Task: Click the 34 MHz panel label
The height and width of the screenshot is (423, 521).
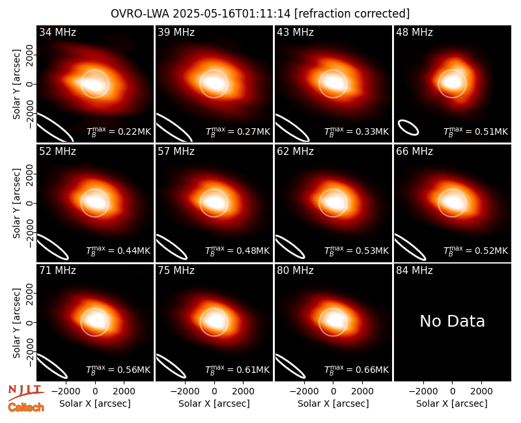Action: [x=57, y=32]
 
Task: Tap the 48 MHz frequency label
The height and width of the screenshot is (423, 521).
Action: [x=414, y=32]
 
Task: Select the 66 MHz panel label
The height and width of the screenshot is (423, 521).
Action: [x=414, y=152]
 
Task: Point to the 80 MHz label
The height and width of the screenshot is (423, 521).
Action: [x=295, y=271]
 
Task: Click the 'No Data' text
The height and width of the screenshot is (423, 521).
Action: [x=452, y=321]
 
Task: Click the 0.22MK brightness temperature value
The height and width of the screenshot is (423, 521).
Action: [x=130, y=131]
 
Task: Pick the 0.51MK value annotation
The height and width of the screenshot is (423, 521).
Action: [x=487, y=131]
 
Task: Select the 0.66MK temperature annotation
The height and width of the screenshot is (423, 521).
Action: [x=368, y=370]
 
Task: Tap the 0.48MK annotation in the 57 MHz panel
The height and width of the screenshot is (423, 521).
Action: [x=249, y=251]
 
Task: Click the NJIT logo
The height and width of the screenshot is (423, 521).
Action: [x=26, y=392]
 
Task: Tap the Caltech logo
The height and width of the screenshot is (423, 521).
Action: [x=26, y=407]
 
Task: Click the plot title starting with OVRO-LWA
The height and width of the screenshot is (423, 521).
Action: [x=260, y=14]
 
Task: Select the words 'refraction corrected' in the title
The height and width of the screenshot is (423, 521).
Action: [x=352, y=14]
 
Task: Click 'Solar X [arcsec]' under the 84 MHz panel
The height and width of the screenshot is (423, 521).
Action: [x=452, y=403]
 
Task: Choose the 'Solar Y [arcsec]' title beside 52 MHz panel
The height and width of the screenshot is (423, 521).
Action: [x=16, y=203]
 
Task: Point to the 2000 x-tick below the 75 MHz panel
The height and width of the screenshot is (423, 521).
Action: [x=243, y=392]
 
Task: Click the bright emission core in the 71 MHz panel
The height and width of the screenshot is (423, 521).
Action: [x=95, y=321]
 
